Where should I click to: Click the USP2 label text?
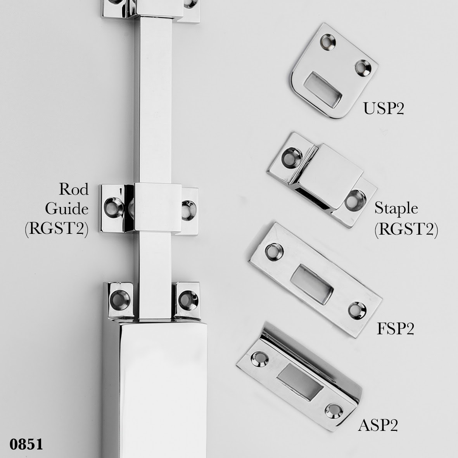(x=384, y=108)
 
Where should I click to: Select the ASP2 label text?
(x=378, y=425)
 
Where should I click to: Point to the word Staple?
(x=396, y=209)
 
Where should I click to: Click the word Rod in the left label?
(x=74, y=189)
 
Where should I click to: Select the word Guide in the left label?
(x=67, y=209)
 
